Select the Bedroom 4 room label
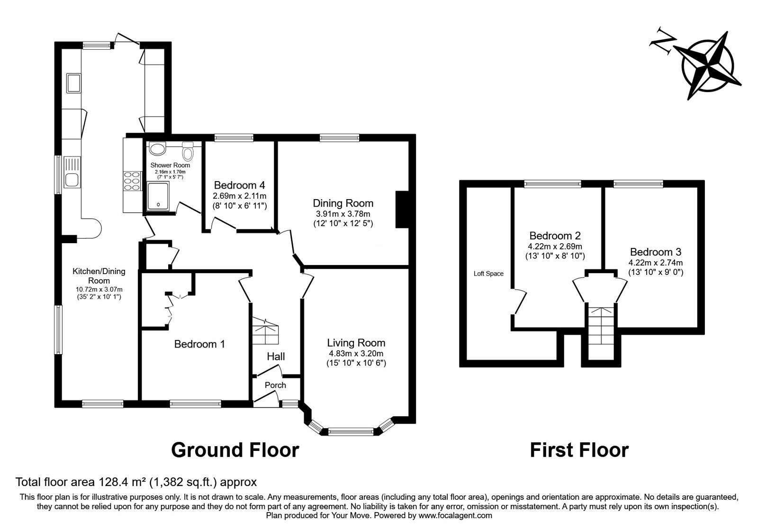[240, 185]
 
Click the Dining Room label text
[343, 203]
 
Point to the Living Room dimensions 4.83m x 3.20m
[356, 354]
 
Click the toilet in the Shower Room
[188, 151]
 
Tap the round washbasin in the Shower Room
[157, 148]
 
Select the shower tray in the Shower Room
[158, 196]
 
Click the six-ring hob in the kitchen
[132, 181]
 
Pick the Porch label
[275, 385]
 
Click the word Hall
[276, 356]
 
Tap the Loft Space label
[488, 274]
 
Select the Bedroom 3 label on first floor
[656, 252]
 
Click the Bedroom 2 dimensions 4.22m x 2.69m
[555, 247]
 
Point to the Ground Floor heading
[235, 450]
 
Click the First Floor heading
[579, 450]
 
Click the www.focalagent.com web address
[455, 516]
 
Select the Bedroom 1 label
[199, 344]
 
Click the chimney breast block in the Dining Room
[402, 209]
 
